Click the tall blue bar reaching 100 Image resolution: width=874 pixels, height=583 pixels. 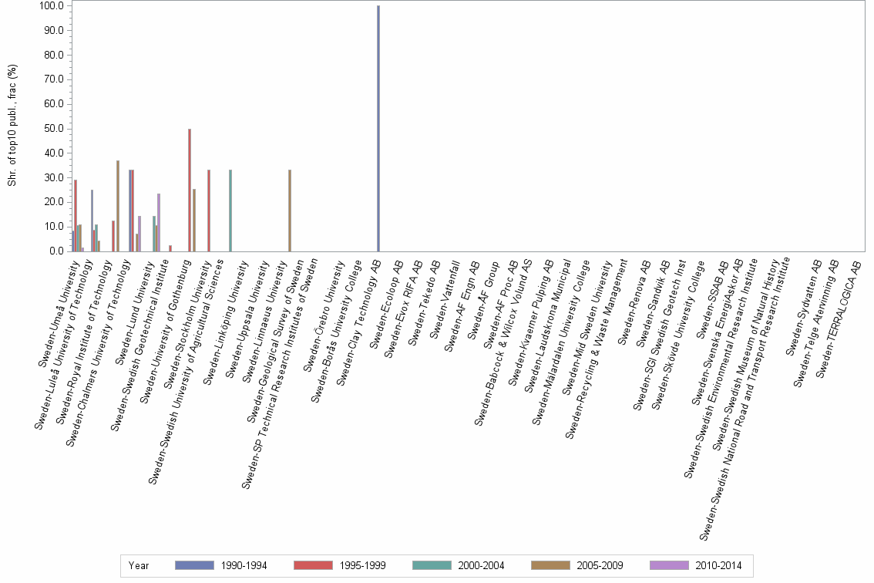[378, 128]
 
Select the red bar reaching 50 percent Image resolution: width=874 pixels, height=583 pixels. [190, 190]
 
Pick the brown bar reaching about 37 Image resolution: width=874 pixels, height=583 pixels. [118, 205]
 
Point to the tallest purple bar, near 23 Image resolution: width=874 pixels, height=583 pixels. [159, 222]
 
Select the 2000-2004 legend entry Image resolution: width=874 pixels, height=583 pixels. [480, 565]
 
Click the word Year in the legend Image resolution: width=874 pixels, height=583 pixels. [139, 565]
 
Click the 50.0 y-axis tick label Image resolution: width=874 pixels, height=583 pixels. [52, 129]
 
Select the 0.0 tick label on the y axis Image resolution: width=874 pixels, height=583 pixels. [55, 251]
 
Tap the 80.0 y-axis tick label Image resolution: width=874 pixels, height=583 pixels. [52, 56]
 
